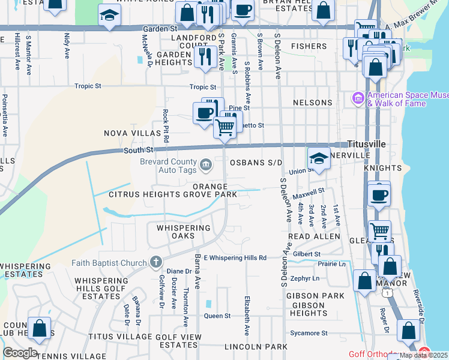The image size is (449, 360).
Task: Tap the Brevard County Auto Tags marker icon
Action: coord(205,163)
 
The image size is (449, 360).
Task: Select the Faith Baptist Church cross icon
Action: coord(155,262)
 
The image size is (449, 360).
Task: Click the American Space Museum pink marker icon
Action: coord(358,97)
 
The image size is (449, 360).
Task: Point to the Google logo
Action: coord(20,353)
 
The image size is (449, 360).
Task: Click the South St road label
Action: coord(138,149)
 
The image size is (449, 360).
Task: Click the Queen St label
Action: coord(217,316)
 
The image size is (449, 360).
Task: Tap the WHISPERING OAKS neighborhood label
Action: coord(184,232)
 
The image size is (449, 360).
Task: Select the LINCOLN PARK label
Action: coord(256,347)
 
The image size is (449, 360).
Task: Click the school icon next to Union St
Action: coord(319,158)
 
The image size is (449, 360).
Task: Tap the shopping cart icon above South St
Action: coord(225,127)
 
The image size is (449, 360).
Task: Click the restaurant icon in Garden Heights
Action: coord(205,56)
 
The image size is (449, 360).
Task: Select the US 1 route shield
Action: coord(388,292)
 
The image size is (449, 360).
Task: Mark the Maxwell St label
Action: coord(309,191)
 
